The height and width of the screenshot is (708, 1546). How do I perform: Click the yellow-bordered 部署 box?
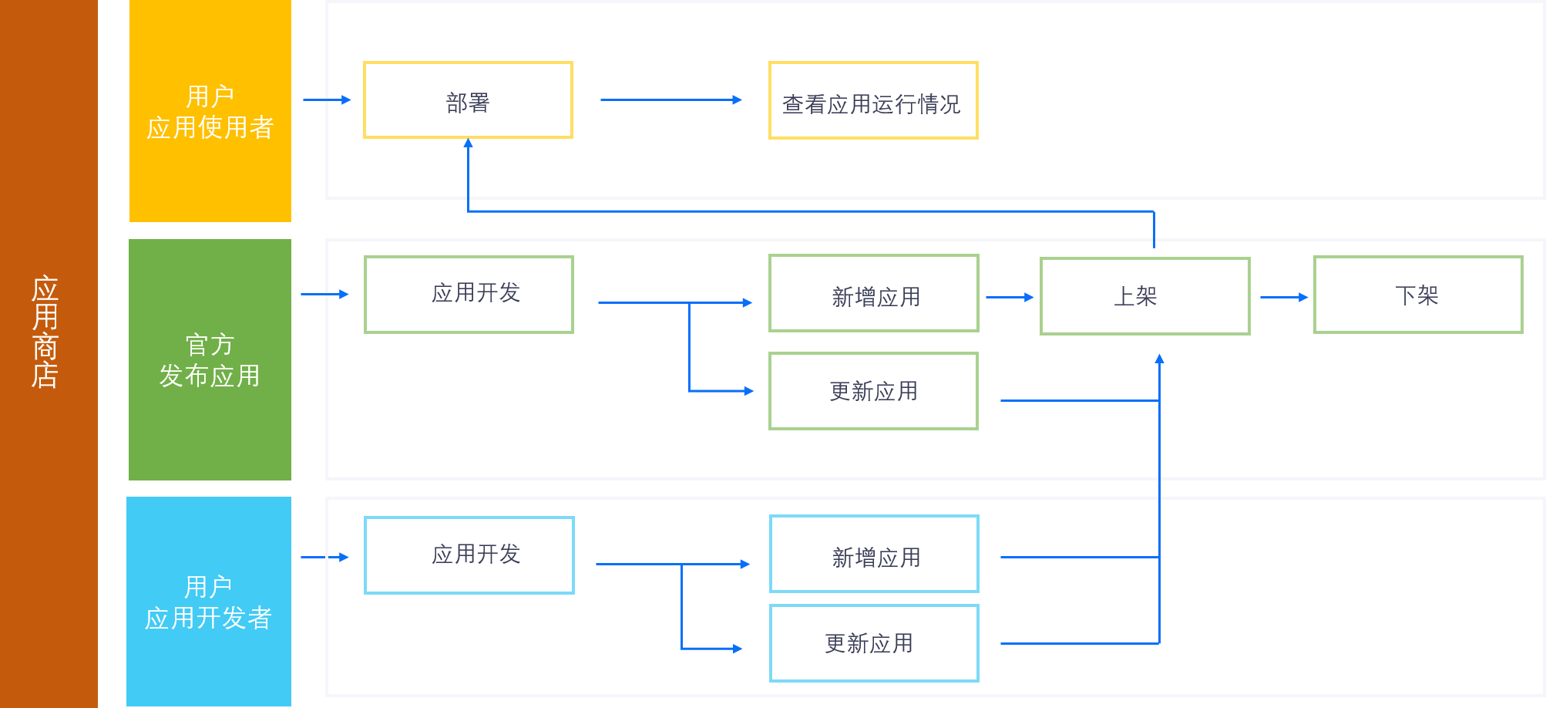(468, 100)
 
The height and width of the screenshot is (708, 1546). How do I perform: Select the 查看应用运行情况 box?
(873, 101)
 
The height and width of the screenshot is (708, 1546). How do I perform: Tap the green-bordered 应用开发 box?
(469, 295)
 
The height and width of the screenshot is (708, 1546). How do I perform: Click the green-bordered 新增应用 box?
(873, 294)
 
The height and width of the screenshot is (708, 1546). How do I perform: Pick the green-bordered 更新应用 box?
(873, 391)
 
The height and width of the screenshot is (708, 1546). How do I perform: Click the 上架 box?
(1144, 296)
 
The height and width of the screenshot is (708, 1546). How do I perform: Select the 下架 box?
(1418, 295)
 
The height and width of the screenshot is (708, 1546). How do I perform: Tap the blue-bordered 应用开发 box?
(469, 555)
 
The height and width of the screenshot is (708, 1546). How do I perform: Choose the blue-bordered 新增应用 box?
(874, 555)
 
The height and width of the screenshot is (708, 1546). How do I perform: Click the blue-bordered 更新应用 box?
(874, 643)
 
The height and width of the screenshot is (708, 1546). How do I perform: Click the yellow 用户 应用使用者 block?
(210, 111)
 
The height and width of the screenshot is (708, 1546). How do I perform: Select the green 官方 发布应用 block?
(210, 359)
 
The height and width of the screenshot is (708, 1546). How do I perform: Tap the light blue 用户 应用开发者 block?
(209, 602)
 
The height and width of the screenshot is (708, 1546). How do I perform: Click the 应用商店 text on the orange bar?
(45, 332)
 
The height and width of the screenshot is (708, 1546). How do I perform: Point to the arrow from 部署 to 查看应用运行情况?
(670, 100)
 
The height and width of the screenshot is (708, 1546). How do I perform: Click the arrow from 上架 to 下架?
(1283, 297)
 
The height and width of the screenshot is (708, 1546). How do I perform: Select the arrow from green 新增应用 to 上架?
(1010, 297)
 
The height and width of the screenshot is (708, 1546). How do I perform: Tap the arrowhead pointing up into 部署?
(468, 143)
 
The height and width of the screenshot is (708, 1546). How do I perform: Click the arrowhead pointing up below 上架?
(1159, 359)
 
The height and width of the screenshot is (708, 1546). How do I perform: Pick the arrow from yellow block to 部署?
(327, 100)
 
